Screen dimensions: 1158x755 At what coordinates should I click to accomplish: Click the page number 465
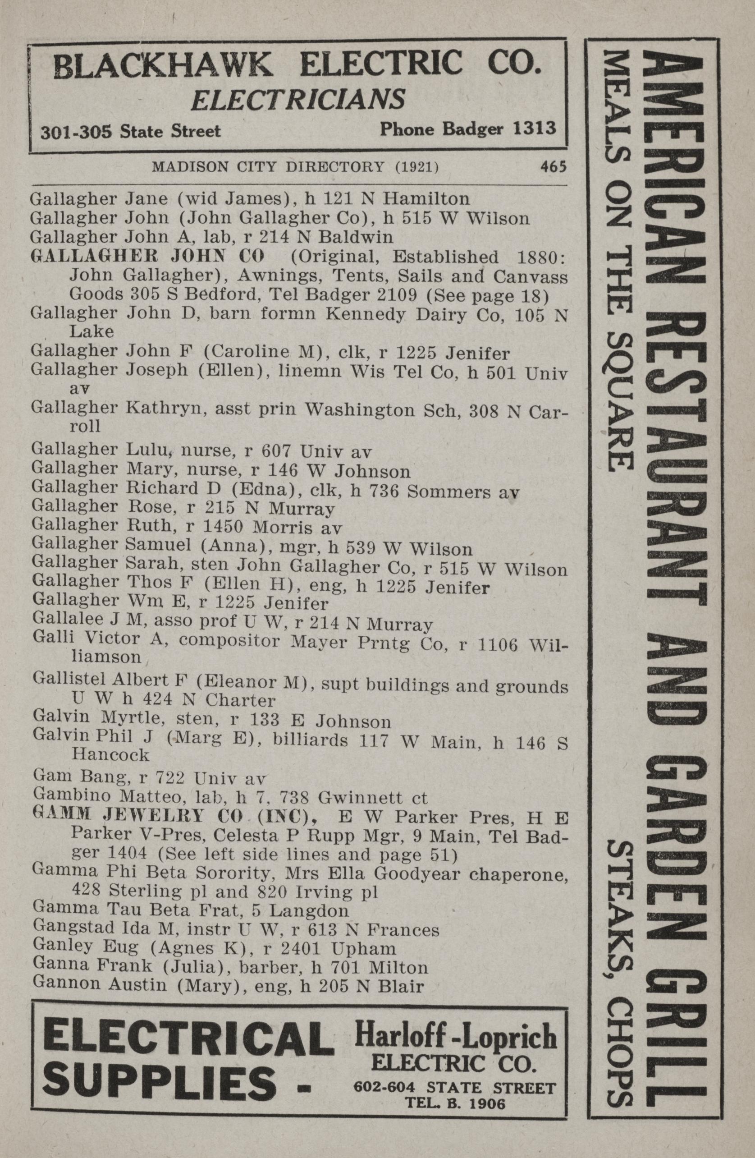click(x=553, y=167)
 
